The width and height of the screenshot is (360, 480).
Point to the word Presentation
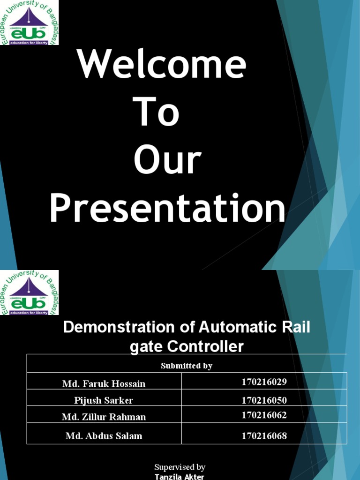[167, 209]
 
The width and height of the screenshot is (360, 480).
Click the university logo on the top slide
[29, 22]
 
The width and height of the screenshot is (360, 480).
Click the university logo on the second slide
[29, 292]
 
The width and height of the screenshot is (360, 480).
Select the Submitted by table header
[187, 366]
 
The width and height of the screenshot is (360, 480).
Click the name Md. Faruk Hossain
[104, 383]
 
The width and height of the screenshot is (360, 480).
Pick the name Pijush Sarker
[104, 400]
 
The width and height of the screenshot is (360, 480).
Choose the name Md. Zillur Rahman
[104, 417]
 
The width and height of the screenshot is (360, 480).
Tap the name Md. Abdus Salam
[104, 436]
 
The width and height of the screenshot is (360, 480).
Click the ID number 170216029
[264, 382]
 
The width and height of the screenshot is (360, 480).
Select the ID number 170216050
[264, 400]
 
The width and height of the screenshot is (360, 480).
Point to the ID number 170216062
[264, 415]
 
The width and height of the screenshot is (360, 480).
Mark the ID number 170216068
[264, 436]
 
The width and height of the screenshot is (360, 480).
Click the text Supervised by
[180, 467]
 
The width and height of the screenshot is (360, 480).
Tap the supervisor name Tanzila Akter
[180, 476]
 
